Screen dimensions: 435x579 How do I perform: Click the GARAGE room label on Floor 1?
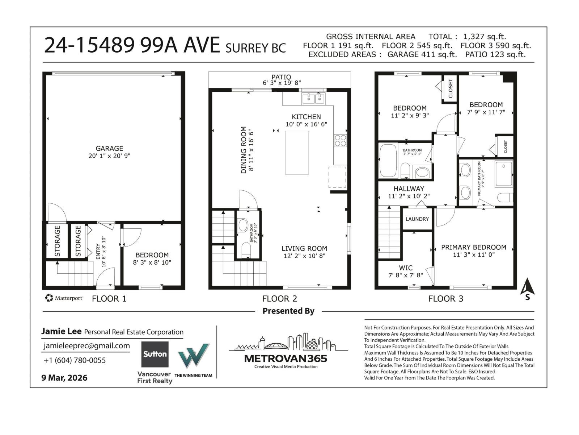[109, 148]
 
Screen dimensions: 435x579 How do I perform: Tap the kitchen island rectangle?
[297, 153]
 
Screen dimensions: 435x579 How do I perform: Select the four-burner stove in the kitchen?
[340, 140]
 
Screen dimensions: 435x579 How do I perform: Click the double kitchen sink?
[314, 98]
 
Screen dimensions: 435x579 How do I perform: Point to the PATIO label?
[281, 77]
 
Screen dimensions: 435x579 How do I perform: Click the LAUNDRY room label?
[417, 219]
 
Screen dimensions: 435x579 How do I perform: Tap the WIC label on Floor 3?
[405, 268]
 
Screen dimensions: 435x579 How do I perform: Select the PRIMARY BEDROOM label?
[473, 247]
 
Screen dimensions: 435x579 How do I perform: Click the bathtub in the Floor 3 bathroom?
[388, 161]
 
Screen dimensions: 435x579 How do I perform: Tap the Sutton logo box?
[155, 354]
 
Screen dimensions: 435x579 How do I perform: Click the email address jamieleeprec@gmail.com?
[86, 346]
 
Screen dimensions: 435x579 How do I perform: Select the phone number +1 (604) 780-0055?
[75, 360]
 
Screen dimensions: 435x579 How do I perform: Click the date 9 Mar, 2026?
[64, 378]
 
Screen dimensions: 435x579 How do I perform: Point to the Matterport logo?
[64, 298]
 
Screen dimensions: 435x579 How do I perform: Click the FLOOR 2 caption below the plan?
[279, 299]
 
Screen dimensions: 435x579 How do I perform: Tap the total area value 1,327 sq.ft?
[484, 37]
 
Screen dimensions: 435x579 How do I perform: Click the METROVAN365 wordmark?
[286, 359]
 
